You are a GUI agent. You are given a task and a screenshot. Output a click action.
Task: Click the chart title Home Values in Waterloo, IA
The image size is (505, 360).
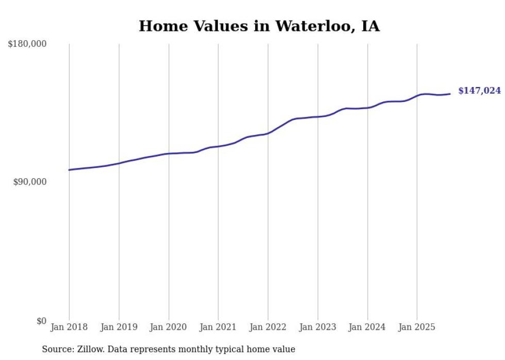(259, 26)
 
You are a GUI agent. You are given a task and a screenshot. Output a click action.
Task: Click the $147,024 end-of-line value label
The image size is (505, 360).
(479, 91)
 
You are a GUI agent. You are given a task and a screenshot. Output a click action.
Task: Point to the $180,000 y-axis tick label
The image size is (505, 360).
(27, 44)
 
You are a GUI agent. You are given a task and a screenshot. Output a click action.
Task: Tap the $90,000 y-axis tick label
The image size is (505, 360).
(29, 182)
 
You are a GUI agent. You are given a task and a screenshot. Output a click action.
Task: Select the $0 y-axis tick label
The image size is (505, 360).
(41, 321)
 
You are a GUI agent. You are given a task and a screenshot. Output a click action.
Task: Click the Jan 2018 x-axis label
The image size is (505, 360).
(69, 327)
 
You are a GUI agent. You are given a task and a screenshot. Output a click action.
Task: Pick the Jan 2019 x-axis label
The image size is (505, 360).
(119, 327)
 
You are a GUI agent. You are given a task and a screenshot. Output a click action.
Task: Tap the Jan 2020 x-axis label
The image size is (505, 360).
(169, 327)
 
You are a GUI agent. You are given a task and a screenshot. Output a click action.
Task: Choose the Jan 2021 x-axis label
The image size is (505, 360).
(218, 327)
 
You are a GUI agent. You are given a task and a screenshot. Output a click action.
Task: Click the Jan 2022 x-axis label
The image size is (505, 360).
(268, 327)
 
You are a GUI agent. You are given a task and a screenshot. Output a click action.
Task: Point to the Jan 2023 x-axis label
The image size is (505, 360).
(317, 327)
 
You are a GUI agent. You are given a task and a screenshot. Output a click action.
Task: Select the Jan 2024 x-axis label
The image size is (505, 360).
(367, 327)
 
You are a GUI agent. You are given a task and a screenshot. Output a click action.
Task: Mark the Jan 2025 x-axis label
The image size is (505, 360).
(417, 327)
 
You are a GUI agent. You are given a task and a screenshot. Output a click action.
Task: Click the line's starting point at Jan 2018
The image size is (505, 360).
(69, 170)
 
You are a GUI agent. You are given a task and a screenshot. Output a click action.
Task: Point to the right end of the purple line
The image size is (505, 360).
(450, 94)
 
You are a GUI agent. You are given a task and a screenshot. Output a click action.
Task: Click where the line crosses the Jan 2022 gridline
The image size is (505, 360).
(268, 133)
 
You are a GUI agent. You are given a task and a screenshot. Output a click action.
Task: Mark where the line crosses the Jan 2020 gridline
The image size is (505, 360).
(169, 153)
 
